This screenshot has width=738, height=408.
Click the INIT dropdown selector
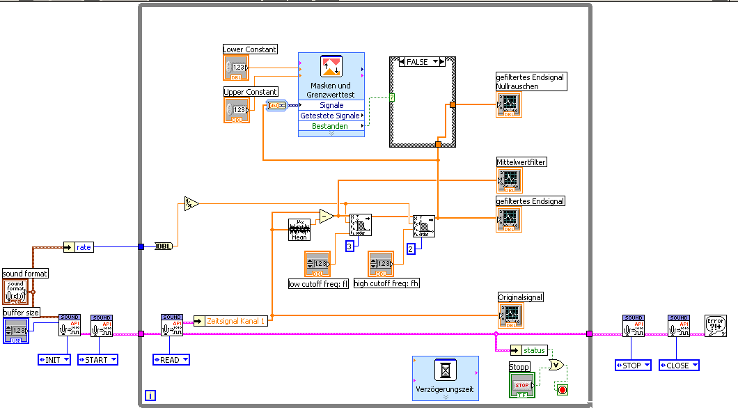pos(54,360)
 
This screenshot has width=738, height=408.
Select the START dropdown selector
pos(97,360)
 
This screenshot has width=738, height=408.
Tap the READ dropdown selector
pos(171,360)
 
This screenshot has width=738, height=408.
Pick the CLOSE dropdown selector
pos(678,366)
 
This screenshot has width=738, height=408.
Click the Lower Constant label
pos(250,49)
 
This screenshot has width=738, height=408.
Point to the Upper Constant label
pos(251,92)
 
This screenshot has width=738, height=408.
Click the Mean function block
pos(299,230)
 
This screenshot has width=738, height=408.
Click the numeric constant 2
pos(411,249)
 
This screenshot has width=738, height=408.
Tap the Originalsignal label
pos(520,297)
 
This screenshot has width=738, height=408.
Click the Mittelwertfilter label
pos(521,162)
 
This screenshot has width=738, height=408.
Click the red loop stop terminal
pos(562,389)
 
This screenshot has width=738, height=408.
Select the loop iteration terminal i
pos(150,396)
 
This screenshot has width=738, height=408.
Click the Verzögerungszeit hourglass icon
pos(445,369)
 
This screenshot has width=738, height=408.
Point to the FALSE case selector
pos(422,62)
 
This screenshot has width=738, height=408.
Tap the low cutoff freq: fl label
pos(318,284)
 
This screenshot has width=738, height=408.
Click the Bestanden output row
pos(331,126)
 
